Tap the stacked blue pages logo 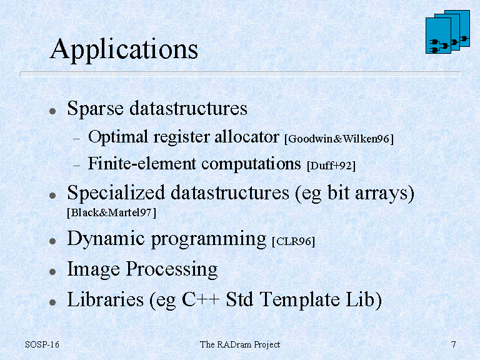coord(447,32)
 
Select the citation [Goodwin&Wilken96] coord(339,139)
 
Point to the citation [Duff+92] coord(331,166)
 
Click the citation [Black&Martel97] coord(112,212)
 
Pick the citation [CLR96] coord(293,241)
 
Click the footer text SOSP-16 coord(42,344)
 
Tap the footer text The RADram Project coord(240,345)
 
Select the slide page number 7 coord(453,344)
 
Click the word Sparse coord(95,109)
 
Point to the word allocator coord(247,136)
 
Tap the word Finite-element coord(142,163)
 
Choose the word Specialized coord(116,194)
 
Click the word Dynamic coord(106,239)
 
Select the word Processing coord(172,269)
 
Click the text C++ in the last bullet coord(201,299)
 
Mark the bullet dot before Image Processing coord(52,271)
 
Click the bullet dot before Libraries coord(52,302)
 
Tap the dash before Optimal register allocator coord(76,139)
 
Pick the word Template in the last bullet coord(299,300)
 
